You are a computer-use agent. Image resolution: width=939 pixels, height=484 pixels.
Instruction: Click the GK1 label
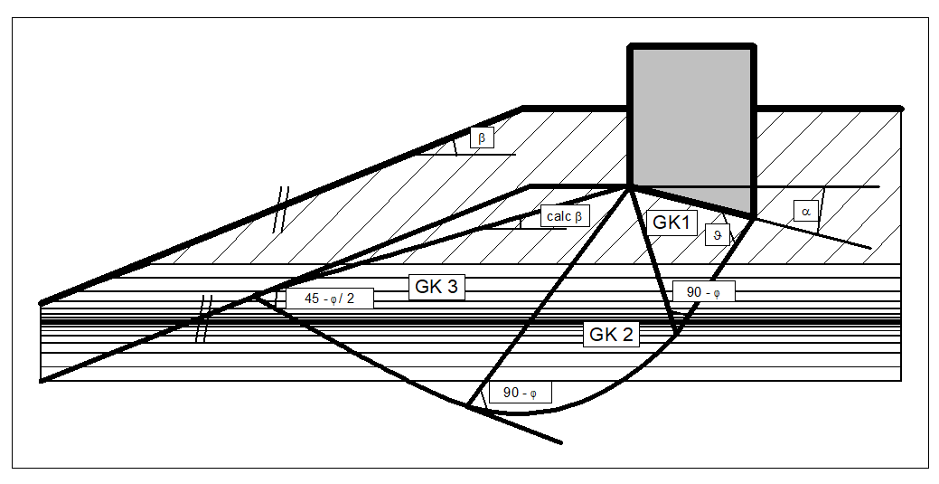672,223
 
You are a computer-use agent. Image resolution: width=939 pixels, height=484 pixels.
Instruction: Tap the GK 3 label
437,287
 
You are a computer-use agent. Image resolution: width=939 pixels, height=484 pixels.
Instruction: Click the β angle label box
482,138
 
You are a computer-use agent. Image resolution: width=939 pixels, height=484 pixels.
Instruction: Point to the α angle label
806,211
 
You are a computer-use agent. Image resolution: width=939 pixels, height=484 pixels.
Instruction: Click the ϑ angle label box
717,234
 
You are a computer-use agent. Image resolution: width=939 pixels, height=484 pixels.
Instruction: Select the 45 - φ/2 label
329,299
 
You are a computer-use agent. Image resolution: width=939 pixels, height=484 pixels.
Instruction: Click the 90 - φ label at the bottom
520,394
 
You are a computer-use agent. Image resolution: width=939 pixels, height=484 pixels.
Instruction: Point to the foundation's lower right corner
753,215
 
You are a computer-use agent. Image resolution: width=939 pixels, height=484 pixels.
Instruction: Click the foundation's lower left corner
630,186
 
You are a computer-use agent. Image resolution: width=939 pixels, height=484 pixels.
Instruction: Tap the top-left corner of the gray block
630,46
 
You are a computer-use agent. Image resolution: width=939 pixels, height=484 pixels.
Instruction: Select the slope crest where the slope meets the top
523,108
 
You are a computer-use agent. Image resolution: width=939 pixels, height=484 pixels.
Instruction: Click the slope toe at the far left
42,302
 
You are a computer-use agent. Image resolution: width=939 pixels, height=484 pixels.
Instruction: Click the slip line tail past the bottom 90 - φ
560,442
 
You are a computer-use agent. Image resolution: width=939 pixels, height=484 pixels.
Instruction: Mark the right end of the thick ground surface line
901,109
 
